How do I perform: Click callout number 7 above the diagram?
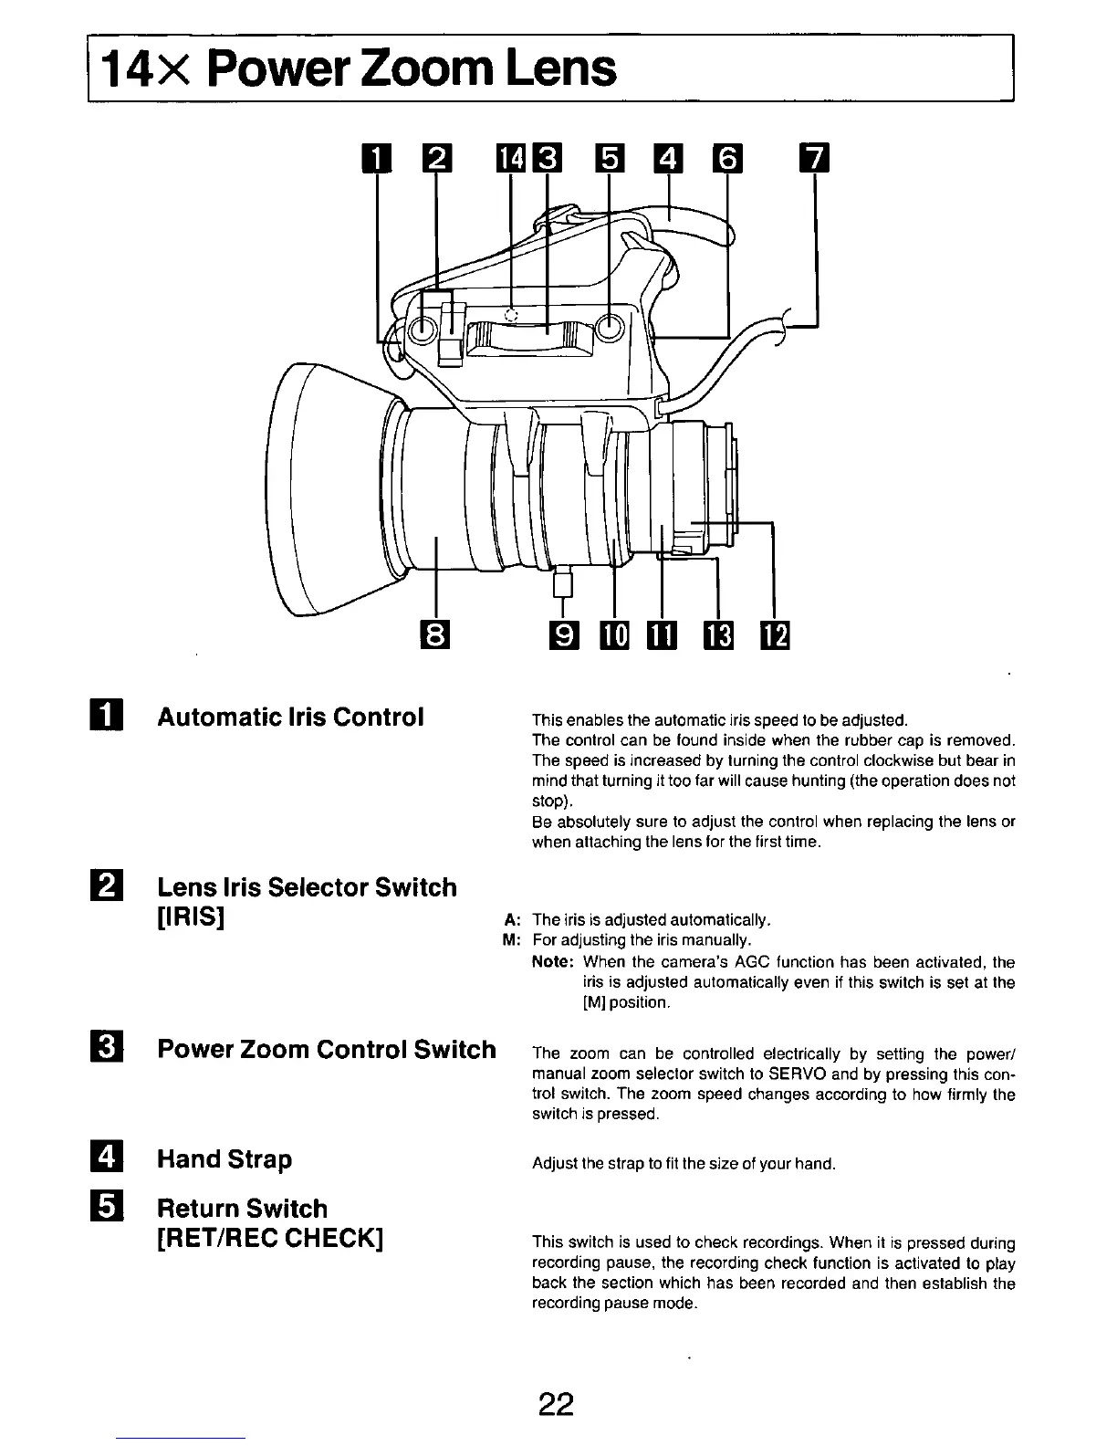pos(814,160)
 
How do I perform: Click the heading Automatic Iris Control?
pos(290,717)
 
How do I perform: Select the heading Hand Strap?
pos(224,1159)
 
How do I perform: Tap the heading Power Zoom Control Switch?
pos(327,1049)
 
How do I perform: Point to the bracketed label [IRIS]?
pos(191,916)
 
